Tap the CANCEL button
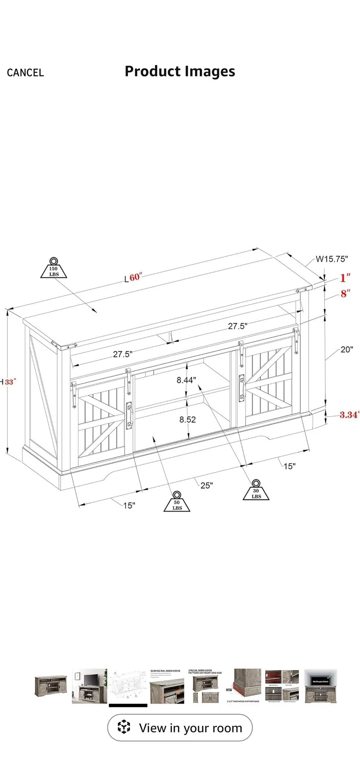click(x=25, y=73)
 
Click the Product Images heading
click(x=180, y=71)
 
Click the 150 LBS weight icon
click(x=54, y=268)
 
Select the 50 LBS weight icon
click(x=177, y=501)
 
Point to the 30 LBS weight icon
click(x=256, y=490)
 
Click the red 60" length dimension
click(x=136, y=277)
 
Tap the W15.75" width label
click(x=332, y=259)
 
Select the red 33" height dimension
click(x=9, y=382)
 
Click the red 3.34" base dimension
click(x=349, y=415)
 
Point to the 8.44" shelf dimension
click(x=187, y=380)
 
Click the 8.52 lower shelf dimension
click(x=187, y=419)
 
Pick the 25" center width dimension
click(x=206, y=485)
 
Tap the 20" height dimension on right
click(x=347, y=349)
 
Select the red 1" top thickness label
click(x=345, y=278)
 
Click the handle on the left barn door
click(x=129, y=414)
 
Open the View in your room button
click(x=180, y=728)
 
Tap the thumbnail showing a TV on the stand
click(x=89, y=687)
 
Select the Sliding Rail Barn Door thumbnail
click(x=167, y=687)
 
